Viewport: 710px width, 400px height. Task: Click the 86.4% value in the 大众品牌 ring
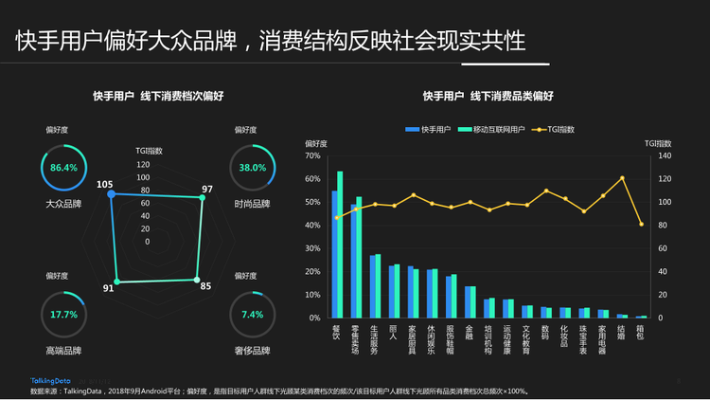[x=63, y=168]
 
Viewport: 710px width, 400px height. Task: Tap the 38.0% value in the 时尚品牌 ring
[x=253, y=168]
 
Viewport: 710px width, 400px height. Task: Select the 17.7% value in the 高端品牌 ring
[x=63, y=314]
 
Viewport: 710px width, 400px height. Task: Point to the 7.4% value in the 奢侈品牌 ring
[x=253, y=314]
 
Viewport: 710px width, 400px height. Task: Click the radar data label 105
[x=104, y=184]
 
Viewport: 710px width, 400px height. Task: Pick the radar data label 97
[x=208, y=189]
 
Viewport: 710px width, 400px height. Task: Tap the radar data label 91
[x=109, y=288]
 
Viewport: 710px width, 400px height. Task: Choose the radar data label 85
[x=206, y=285]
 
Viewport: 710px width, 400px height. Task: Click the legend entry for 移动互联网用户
[x=491, y=128]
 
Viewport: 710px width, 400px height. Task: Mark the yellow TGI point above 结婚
[x=622, y=178]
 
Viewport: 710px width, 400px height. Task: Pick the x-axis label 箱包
[x=641, y=334]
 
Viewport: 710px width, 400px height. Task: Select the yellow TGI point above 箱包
[x=641, y=224]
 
